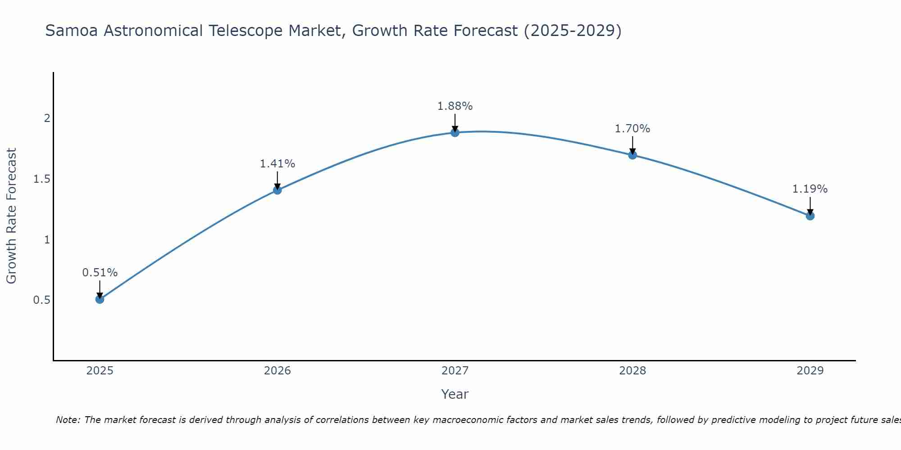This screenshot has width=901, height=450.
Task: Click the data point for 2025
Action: [100, 299]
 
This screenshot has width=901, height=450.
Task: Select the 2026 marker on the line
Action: [277, 190]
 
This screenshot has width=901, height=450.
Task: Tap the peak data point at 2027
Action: [455, 132]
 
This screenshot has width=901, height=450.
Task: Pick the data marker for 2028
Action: [632, 155]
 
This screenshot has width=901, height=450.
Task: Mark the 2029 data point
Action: [810, 216]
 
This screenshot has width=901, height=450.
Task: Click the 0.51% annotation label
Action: [100, 273]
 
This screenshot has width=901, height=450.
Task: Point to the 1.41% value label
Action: [277, 164]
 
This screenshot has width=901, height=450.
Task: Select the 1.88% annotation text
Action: [455, 106]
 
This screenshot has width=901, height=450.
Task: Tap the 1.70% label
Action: [632, 129]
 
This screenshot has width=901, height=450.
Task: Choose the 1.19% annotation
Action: [810, 189]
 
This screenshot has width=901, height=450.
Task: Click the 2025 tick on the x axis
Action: [100, 371]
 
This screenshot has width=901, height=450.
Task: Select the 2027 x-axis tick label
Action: [455, 371]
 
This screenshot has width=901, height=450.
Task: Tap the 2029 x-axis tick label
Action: [810, 371]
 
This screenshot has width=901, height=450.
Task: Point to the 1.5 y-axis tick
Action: [41, 179]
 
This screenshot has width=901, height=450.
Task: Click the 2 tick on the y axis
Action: [46, 118]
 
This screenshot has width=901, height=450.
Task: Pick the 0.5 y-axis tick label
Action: [41, 300]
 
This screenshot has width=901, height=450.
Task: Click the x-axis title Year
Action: [455, 394]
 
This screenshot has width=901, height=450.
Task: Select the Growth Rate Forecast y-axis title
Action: [12, 216]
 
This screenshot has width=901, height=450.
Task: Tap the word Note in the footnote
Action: [67, 420]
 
